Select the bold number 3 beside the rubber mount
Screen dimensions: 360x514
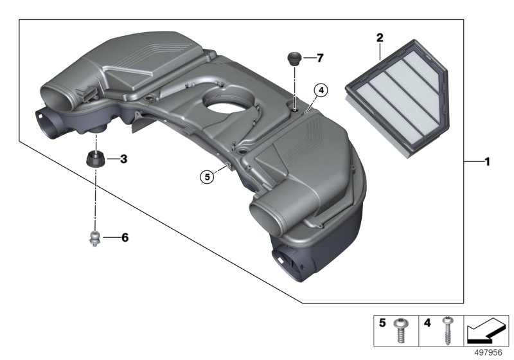(x=123, y=158)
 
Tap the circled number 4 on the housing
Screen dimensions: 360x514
(x=321, y=90)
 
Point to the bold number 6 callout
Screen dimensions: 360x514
(x=125, y=238)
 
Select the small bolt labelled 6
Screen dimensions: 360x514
(x=96, y=239)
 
